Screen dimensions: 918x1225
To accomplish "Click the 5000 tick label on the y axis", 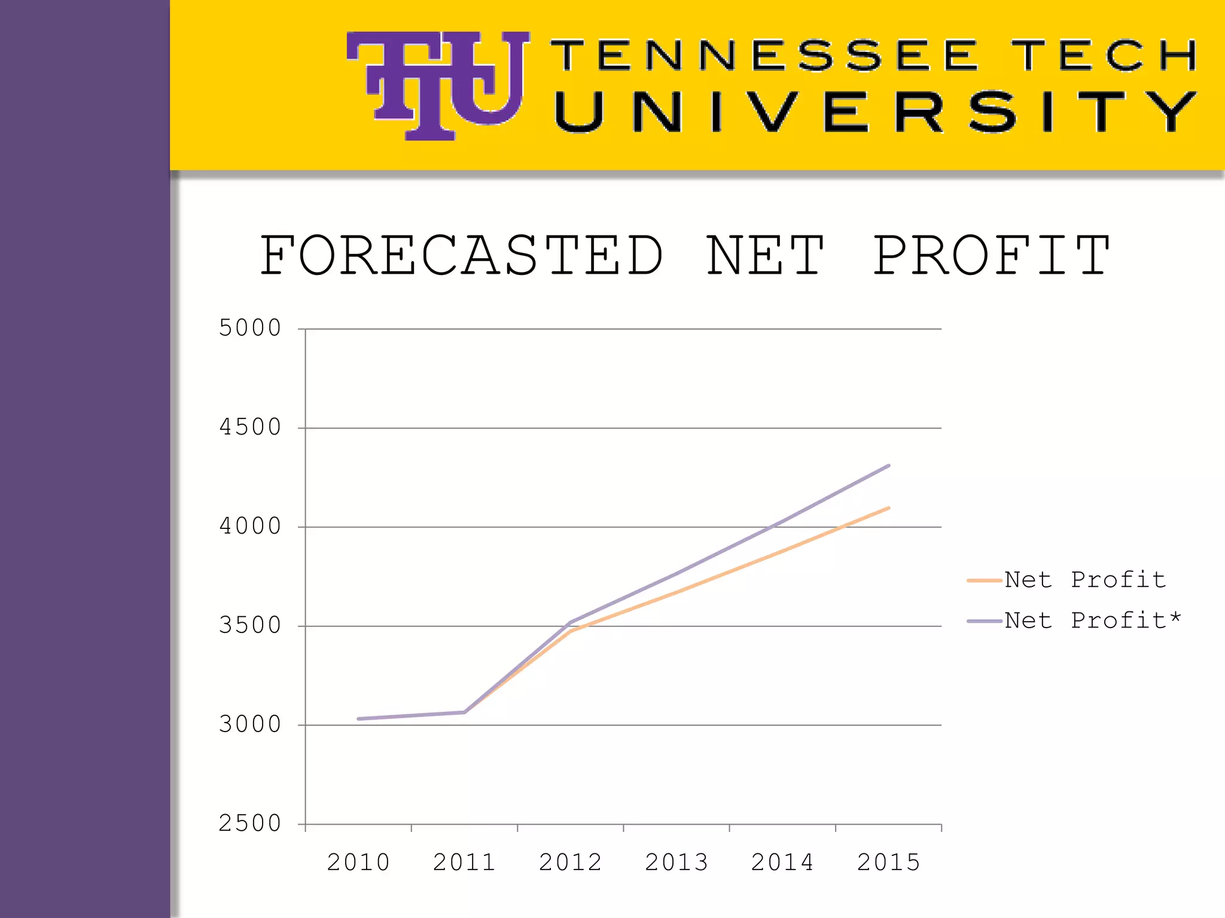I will coord(249,328).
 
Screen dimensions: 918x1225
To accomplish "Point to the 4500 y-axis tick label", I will coord(249,427).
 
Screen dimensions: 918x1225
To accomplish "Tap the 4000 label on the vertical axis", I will coord(249,527).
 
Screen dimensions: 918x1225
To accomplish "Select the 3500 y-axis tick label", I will coord(249,626).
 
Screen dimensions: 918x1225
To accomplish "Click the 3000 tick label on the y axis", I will coord(249,725).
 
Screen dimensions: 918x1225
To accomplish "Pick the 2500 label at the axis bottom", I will coord(249,824).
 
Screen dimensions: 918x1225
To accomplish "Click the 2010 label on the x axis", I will coord(358,862).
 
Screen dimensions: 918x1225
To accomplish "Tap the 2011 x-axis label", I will coord(464,862).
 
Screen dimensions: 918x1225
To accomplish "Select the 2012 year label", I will coord(570,862).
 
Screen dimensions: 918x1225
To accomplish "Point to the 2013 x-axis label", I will coord(677,862).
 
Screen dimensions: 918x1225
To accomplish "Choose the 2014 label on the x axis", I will coord(782,862).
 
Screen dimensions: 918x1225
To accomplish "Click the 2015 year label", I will coord(888,862).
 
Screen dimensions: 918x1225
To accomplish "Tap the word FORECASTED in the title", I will coord(461,256).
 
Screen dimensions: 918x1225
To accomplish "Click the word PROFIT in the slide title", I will coord(991,256).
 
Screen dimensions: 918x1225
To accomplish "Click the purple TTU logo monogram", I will coord(438,85).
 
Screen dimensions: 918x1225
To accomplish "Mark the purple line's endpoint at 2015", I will coord(888,466).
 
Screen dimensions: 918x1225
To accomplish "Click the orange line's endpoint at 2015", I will coord(888,508).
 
